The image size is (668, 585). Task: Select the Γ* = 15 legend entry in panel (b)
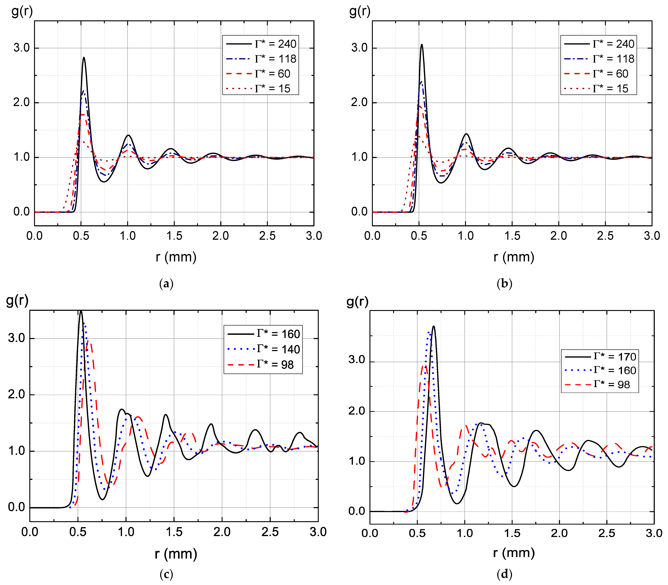(x=599, y=88)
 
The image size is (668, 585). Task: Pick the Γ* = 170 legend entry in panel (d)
(x=600, y=357)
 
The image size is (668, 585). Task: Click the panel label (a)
(x=166, y=283)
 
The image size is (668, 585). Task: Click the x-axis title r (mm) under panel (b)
(x=513, y=257)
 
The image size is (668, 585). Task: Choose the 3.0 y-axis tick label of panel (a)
(x=22, y=48)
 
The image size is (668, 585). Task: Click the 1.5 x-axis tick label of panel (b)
(x=512, y=236)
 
